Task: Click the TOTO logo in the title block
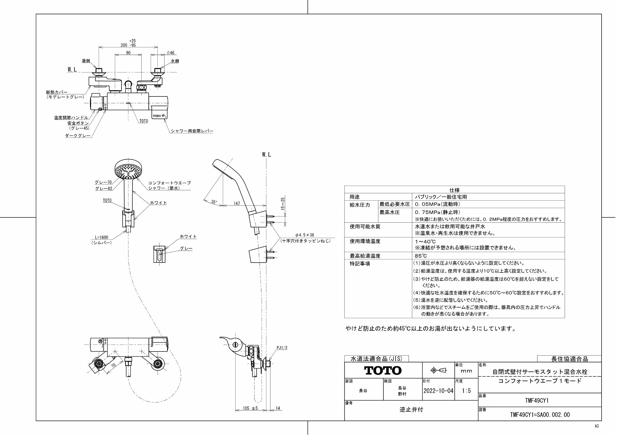tap(383, 371)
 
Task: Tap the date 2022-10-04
tap(438, 391)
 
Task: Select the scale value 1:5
tap(466, 391)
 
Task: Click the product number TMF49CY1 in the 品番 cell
tap(537, 400)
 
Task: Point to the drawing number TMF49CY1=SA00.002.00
tap(540, 415)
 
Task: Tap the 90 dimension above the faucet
tap(128, 53)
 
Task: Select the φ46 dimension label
tap(170, 53)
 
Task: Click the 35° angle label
tap(214, 202)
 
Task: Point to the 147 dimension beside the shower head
tap(237, 203)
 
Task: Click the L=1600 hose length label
tap(101, 237)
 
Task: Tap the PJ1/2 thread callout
tap(282, 348)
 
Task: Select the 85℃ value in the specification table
tap(421, 256)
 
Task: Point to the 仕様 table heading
tap(454, 190)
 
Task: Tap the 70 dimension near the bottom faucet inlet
tap(113, 365)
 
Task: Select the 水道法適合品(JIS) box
tap(377, 358)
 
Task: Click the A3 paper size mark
tap(597, 426)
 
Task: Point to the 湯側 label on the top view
tap(86, 61)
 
